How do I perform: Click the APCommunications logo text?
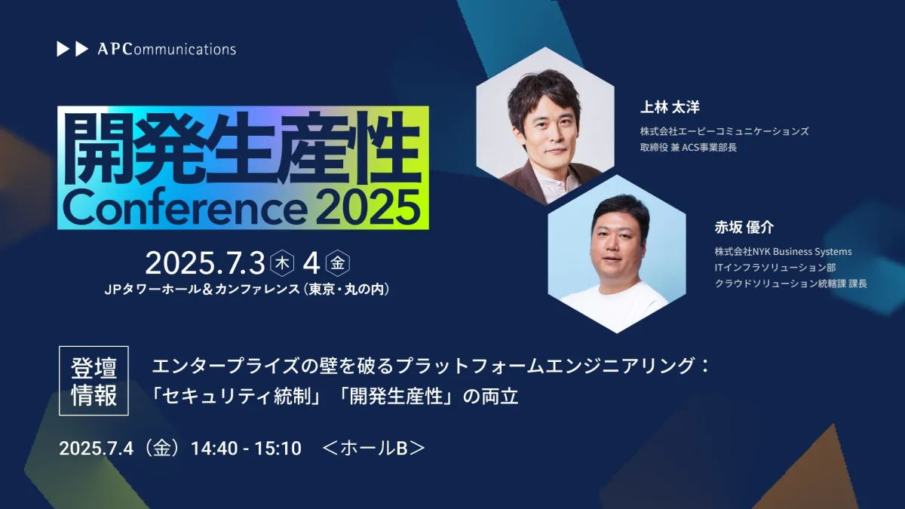point(167,49)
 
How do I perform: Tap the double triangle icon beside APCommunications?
point(72,49)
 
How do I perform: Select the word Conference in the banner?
point(184,208)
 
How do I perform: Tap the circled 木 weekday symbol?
point(282,263)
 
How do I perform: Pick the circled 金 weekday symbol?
point(338,263)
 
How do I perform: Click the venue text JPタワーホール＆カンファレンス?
point(202,290)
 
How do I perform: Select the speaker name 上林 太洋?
point(670,107)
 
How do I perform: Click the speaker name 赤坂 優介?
point(744,228)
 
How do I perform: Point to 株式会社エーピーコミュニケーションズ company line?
point(725,131)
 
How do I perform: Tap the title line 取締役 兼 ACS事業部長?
point(689,148)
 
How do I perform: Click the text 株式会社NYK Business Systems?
point(783,251)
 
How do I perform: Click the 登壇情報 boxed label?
point(94,381)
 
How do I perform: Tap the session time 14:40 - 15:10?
point(246,449)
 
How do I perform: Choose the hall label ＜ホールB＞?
point(374,449)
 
